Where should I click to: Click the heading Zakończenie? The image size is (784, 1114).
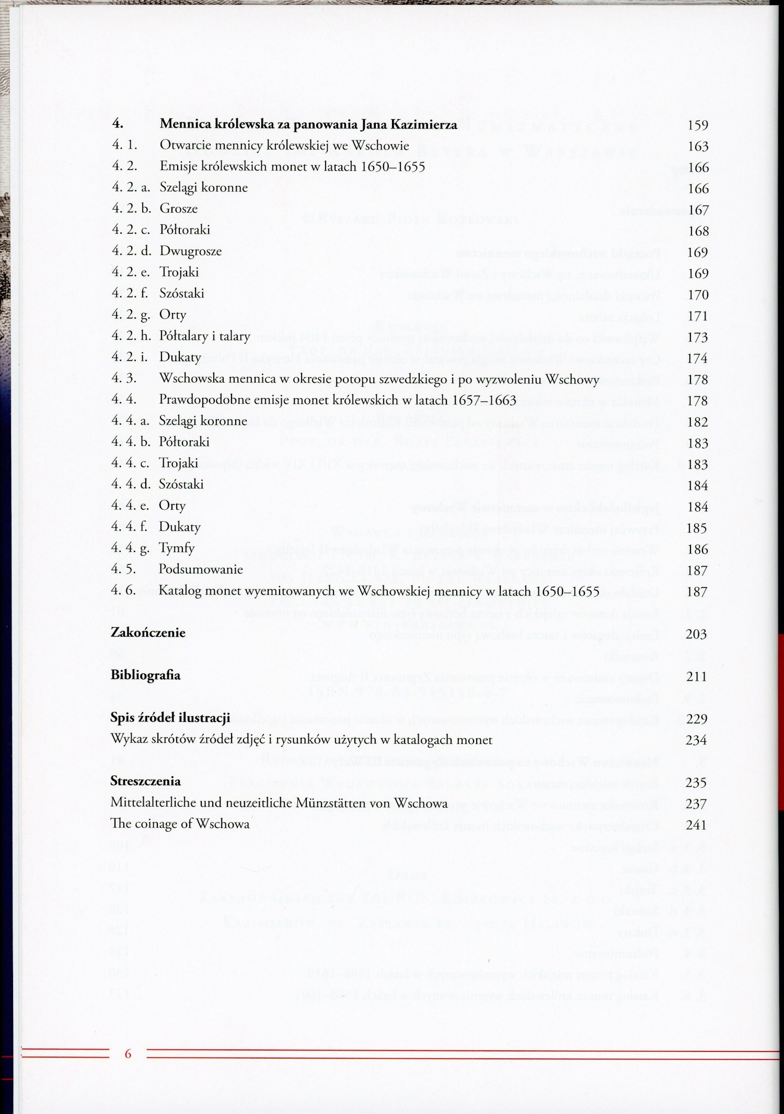tap(148, 633)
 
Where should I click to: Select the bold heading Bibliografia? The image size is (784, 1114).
tap(145, 675)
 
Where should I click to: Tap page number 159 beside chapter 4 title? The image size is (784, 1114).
tap(698, 125)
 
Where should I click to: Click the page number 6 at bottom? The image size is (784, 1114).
tap(128, 1053)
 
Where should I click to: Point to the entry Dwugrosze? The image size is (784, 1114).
tap(190, 251)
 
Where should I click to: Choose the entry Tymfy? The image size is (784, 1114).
tap(177, 548)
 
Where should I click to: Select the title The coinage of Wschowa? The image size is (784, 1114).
tap(180, 824)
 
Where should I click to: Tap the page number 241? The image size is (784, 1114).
tap(696, 825)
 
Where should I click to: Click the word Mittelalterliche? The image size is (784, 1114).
tap(157, 803)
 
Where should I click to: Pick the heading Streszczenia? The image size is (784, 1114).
tap(145, 782)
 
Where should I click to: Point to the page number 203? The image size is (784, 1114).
tap(696, 635)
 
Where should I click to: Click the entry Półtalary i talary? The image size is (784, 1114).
tap(204, 336)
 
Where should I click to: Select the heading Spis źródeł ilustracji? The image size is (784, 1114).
tap(170, 718)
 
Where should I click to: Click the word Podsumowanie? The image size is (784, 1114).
tap(201, 569)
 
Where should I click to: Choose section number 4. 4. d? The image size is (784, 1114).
tap(131, 484)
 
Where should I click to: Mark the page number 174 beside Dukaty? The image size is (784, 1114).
tap(697, 359)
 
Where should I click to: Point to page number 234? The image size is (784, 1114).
tap(696, 740)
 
